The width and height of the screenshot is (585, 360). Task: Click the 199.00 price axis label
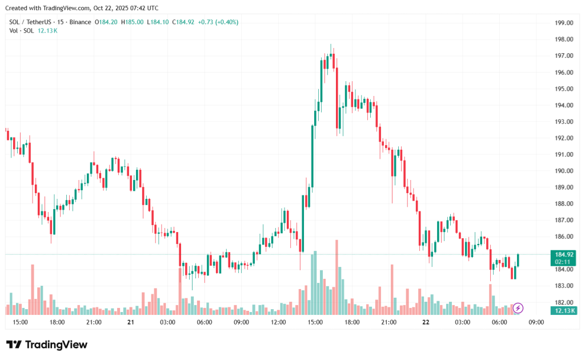(564, 23)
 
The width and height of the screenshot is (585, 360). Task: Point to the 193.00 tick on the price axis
(564, 122)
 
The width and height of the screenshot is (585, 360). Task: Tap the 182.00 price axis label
(564, 302)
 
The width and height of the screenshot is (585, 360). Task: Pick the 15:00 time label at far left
(20, 322)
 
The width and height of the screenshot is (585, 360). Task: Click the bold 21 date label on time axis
(131, 322)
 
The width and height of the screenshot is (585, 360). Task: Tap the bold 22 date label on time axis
(426, 322)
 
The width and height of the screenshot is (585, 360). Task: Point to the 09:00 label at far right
(536, 322)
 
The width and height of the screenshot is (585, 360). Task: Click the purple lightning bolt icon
(518, 308)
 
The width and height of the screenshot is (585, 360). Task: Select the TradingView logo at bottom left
(47, 345)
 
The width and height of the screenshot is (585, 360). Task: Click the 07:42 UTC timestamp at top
(142, 9)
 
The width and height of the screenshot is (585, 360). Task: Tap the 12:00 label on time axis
(278, 322)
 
